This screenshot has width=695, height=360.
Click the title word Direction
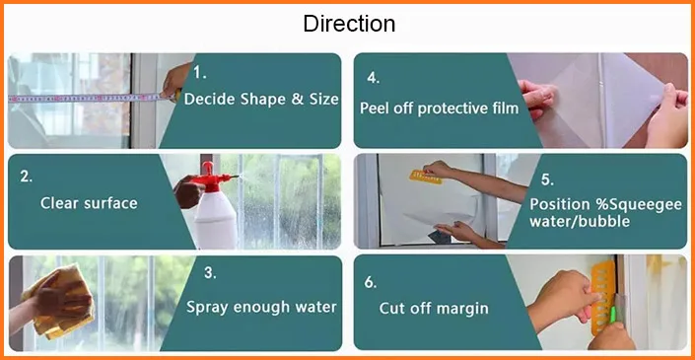[349, 24]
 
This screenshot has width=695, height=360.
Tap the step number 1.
[200, 73]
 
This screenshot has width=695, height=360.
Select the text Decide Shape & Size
[261, 99]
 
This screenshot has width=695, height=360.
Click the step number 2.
[27, 176]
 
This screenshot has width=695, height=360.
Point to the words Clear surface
[89, 203]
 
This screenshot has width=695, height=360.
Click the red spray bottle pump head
[211, 178]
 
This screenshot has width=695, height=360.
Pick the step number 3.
[210, 272]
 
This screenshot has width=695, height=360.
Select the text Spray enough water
[261, 307]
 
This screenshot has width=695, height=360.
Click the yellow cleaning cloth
[60, 302]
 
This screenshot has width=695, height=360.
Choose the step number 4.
[374, 78]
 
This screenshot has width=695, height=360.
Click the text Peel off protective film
[439, 108]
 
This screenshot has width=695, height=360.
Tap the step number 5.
[547, 180]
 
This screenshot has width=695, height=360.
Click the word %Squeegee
[638, 204]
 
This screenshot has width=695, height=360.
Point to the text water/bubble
[580, 221]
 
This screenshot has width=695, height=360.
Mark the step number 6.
[371, 282]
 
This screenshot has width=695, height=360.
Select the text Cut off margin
[434, 308]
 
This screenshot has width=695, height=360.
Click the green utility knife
[613, 315]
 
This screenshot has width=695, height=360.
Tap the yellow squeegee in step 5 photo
[426, 178]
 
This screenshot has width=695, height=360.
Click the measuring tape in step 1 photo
[89, 98]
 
